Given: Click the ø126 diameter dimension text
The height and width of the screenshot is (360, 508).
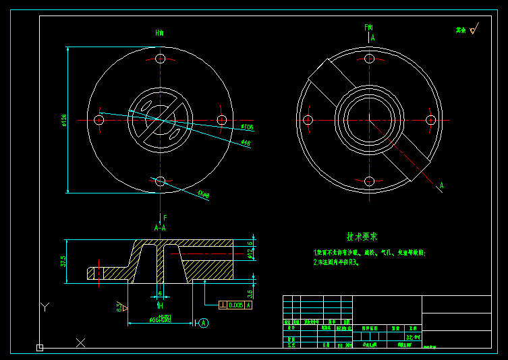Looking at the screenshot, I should click(x=63, y=120).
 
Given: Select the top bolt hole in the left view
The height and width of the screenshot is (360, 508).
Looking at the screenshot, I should click(x=160, y=58).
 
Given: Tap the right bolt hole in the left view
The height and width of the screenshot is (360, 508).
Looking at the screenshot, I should click(x=221, y=119).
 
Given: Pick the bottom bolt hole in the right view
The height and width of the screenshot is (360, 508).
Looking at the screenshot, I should click(x=369, y=181).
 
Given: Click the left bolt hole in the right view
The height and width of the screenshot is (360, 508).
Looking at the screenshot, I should click(x=308, y=120).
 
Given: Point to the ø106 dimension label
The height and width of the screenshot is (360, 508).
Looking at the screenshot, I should click(x=247, y=126).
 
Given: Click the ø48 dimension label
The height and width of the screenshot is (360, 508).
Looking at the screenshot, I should click(x=246, y=142).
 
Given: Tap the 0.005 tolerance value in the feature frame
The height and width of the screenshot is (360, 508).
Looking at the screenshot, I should click(x=235, y=305).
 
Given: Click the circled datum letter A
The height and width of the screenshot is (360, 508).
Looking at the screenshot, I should click(x=204, y=323).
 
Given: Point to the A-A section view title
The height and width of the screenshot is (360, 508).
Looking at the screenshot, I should click(x=160, y=228).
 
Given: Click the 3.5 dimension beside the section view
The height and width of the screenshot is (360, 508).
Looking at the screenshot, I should click(x=250, y=293).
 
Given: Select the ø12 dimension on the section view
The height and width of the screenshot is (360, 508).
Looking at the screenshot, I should click(x=250, y=253).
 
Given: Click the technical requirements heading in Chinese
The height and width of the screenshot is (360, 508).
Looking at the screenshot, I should click(x=362, y=237).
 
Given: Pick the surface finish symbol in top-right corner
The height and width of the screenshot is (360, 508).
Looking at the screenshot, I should click(x=473, y=30).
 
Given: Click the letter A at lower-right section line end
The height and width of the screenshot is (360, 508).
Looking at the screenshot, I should click(x=442, y=185).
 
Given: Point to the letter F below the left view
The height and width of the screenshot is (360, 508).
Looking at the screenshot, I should click(x=165, y=218).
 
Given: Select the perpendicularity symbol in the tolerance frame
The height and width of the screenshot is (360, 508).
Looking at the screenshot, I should click(x=223, y=305).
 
